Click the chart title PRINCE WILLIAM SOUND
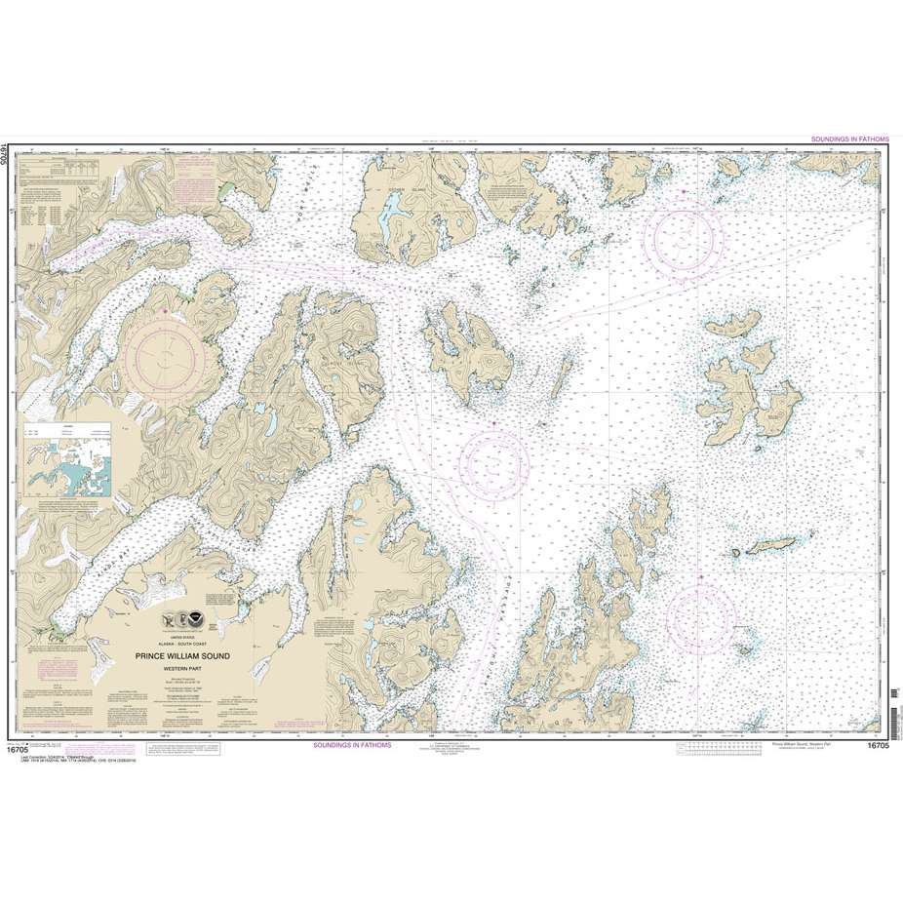[182, 656]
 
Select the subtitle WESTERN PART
[182, 667]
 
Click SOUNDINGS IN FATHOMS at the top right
[849, 139]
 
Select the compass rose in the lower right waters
[701, 619]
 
